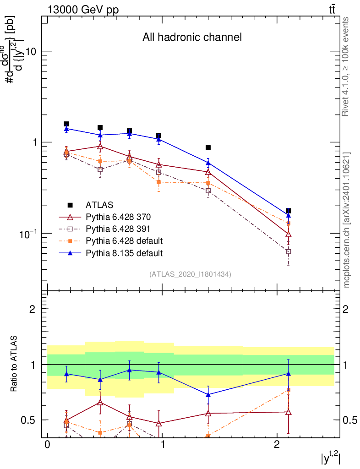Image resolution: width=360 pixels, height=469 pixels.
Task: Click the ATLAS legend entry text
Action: [x=99, y=205]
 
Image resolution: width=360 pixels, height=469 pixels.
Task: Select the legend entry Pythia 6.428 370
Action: [x=118, y=217]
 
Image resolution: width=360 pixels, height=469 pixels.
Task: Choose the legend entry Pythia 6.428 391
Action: [x=118, y=229]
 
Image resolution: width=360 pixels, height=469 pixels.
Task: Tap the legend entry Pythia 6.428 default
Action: [x=124, y=241]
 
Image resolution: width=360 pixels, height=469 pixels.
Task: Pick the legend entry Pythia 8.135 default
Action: [x=124, y=253]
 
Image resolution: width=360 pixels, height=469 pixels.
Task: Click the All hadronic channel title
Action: [x=192, y=37]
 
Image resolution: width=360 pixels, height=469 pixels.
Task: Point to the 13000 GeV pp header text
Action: [x=83, y=10]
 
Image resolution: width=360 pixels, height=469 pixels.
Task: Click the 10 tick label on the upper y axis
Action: [x=31, y=51]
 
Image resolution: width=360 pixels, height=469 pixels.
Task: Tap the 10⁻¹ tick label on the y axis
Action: [x=28, y=234]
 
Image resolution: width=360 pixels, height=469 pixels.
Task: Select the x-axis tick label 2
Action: [x=277, y=444]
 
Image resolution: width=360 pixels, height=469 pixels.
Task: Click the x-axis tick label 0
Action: [x=47, y=444]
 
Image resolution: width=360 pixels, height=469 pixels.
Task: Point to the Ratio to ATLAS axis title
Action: [x=14, y=363]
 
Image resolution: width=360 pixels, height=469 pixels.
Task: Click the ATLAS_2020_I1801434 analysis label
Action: [x=190, y=274]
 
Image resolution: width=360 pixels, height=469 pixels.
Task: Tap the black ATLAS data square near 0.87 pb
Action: [x=208, y=148]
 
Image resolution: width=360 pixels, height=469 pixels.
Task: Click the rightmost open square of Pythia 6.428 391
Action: [x=288, y=251]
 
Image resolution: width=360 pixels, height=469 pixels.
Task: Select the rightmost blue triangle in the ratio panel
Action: [x=288, y=374]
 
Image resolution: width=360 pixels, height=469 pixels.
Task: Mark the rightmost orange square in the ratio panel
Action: [x=288, y=390]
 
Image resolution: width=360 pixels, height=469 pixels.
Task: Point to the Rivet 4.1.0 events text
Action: [x=345, y=66]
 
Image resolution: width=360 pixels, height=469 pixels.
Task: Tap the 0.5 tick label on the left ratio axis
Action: [x=28, y=420]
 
